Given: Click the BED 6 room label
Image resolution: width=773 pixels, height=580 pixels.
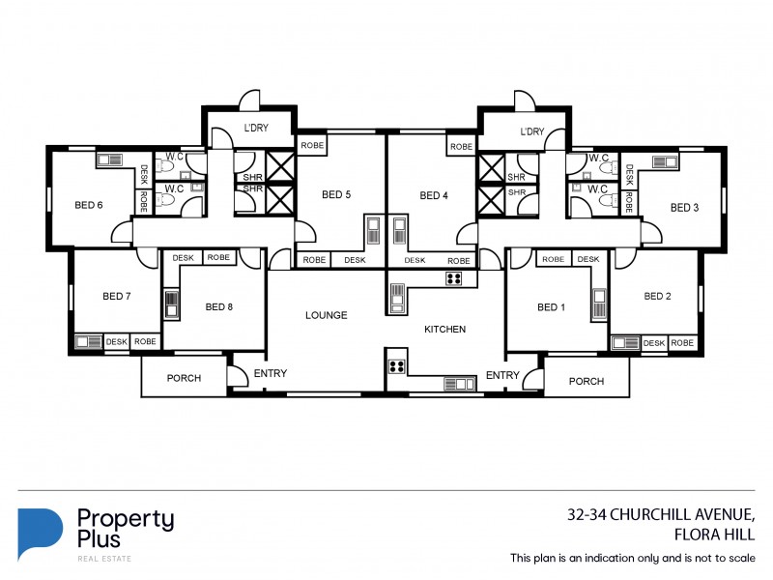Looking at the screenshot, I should point(89,204).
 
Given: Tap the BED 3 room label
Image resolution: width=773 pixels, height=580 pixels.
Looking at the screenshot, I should point(684,207).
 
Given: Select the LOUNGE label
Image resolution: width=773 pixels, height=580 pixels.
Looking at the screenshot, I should point(326,315).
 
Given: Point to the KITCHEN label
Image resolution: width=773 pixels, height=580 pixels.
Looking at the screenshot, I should point(444,330).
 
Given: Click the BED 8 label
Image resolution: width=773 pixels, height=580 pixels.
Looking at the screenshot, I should point(219,307).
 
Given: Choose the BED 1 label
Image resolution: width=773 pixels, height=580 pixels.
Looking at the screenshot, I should point(551,307).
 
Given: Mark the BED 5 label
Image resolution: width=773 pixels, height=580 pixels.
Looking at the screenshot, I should point(336,194).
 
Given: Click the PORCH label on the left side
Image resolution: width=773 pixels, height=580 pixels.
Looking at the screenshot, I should point(184,378).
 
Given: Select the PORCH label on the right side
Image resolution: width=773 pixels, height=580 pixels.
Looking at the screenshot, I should point(586,381).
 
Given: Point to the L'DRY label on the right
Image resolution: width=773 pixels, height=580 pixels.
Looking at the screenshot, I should point(532,131).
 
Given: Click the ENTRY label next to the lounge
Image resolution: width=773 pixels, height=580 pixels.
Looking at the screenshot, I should point(271,373).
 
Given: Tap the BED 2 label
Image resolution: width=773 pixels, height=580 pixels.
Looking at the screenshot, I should point(657,296).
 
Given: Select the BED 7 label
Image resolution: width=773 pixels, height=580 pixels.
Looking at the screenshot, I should point(115,296).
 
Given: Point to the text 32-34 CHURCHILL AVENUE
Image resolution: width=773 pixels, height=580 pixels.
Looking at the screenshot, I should point(668,515).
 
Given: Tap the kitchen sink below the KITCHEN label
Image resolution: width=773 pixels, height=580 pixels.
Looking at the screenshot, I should point(460,384).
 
